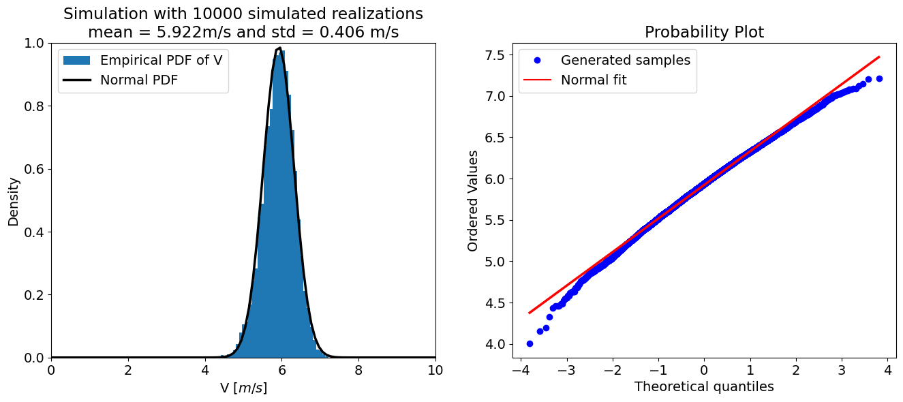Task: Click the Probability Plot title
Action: click(704, 32)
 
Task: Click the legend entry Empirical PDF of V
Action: click(161, 60)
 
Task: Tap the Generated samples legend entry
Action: click(625, 60)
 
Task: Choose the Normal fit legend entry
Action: click(593, 80)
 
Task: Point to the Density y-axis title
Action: click(14, 200)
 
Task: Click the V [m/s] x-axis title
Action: click(243, 388)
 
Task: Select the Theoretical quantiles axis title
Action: click(704, 387)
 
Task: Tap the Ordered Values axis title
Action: click(473, 200)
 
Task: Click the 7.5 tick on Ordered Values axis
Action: click(498, 55)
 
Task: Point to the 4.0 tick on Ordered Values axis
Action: click(498, 344)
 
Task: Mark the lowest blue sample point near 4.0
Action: click(530, 343)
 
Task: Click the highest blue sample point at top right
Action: click(879, 79)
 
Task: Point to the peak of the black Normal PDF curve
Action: click(279, 48)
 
